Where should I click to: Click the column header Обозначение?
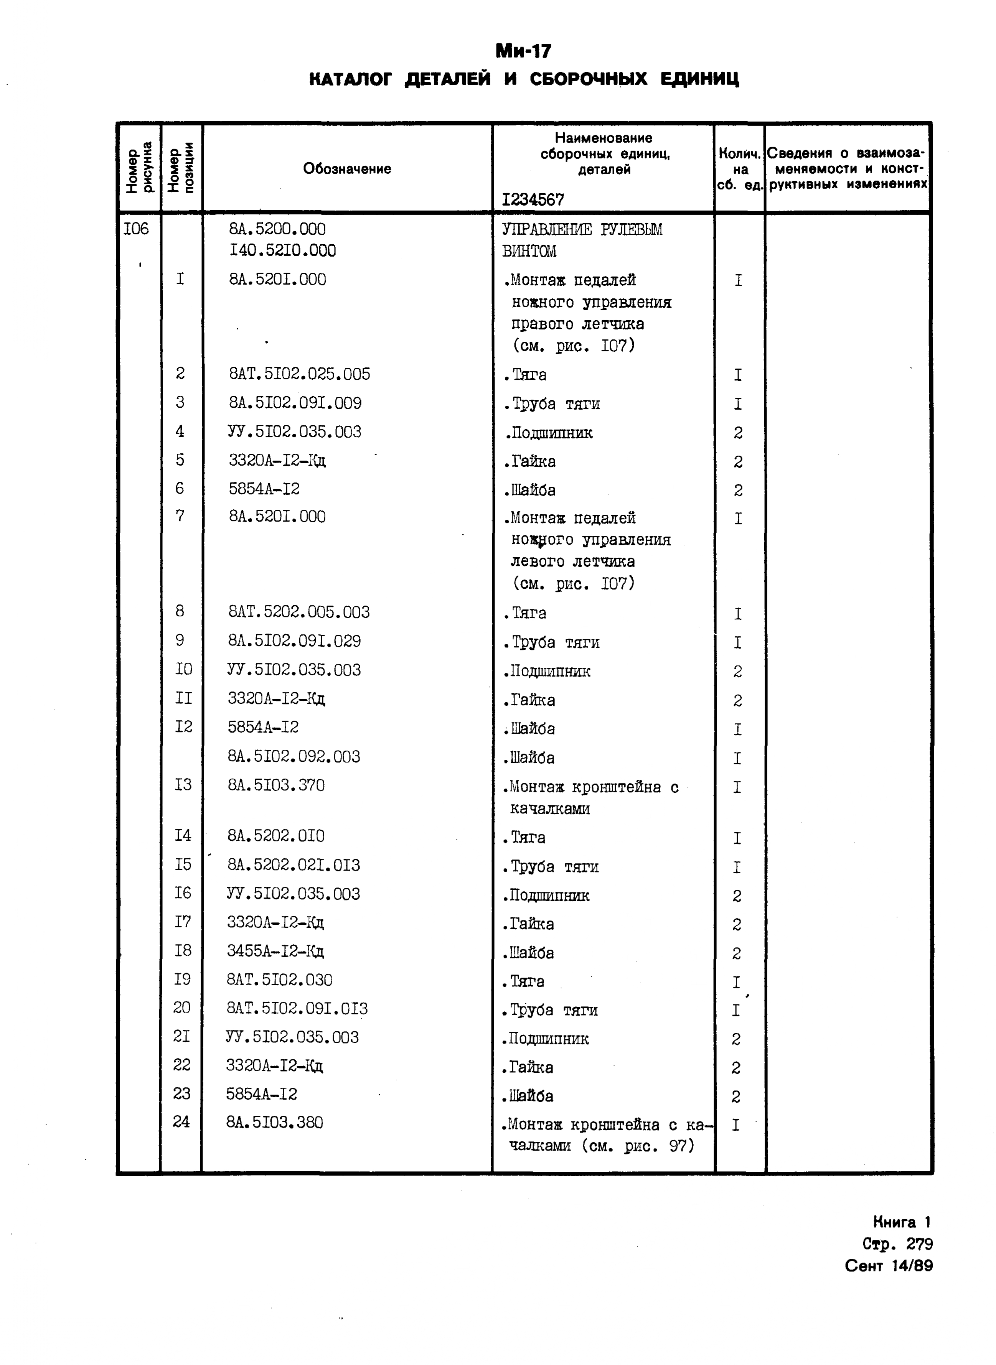pos(347,169)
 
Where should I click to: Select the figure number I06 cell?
pos(136,229)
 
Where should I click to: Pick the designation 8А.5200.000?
pos(277,229)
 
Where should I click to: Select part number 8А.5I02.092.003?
pos(294,756)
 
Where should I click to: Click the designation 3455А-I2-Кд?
pos(275,952)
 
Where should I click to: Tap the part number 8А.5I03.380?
pos(274,1122)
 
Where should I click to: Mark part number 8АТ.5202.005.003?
pos(298,612)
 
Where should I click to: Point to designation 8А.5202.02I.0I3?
pos(293,865)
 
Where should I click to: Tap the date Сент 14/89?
pos(889,1266)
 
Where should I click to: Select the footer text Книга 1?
pos(902,1222)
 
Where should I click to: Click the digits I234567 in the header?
pos(533,199)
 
